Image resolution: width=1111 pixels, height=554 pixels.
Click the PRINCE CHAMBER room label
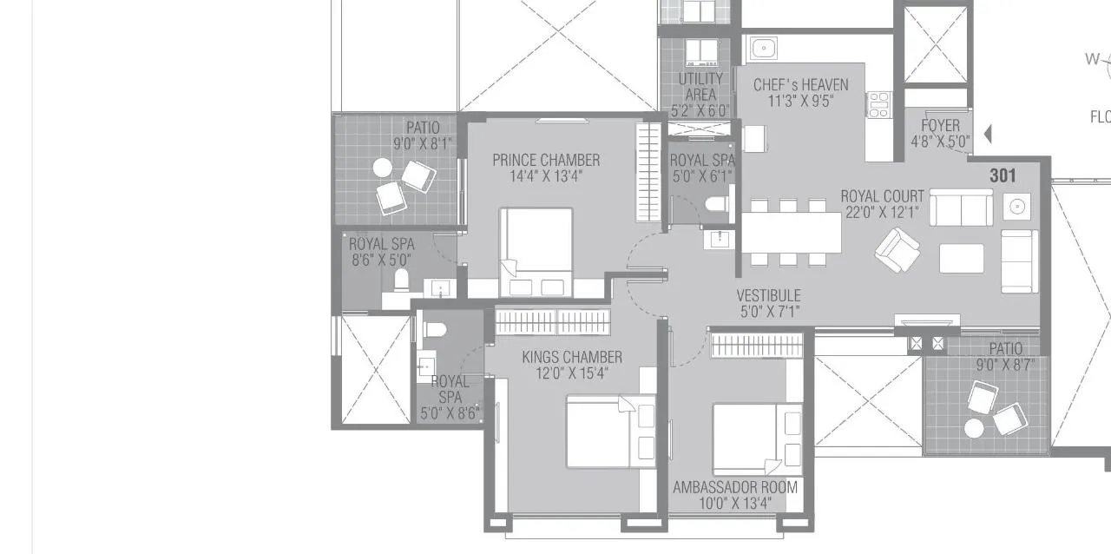(545, 160)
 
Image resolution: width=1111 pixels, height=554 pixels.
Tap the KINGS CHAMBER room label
(571, 357)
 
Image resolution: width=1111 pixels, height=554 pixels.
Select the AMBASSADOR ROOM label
(734, 487)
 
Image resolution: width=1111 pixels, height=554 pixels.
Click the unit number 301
(1003, 175)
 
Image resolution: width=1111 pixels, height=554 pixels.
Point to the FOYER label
(940, 125)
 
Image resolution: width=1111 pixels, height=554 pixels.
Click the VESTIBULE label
(768, 296)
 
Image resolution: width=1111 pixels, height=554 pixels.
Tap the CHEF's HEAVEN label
(800, 85)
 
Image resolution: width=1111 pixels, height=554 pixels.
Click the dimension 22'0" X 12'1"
(882, 211)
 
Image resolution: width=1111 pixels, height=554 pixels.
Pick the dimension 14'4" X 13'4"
(545, 175)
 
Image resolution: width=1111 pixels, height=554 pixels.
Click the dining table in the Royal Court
(791, 232)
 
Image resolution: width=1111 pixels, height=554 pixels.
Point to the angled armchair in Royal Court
(897, 250)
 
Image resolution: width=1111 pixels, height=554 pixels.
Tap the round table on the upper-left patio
(382, 168)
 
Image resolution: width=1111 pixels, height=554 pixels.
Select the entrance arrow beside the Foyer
(987, 134)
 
